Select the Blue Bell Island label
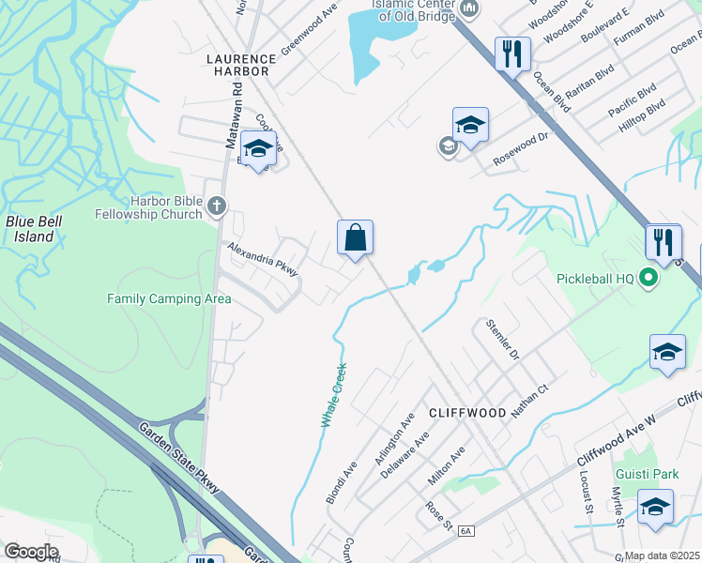pyautogui.click(x=29, y=229)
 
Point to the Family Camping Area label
pyautogui.click(x=169, y=299)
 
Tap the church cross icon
pyautogui.click(x=217, y=205)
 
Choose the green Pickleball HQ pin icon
pyautogui.click(x=648, y=278)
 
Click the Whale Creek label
pyautogui.click(x=333, y=395)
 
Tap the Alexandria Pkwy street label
pyautogui.click(x=263, y=259)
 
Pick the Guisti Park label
pyautogui.click(x=647, y=474)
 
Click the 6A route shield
pyautogui.click(x=466, y=532)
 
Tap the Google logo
pyautogui.click(x=31, y=552)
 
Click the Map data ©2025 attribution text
pyautogui.click(x=663, y=555)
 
